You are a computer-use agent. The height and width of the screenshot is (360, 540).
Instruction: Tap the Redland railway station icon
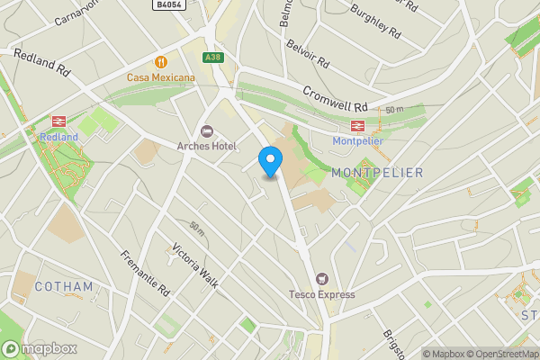(x=59, y=121)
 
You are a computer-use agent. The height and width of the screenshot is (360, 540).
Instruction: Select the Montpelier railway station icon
(x=357, y=125)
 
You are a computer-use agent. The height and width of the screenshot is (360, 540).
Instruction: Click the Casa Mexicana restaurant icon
(x=161, y=62)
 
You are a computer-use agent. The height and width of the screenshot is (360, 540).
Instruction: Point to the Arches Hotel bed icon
(x=207, y=131)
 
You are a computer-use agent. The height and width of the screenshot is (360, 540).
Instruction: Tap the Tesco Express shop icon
(x=321, y=279)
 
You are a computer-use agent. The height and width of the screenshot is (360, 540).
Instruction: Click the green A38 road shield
(x=212, y=58)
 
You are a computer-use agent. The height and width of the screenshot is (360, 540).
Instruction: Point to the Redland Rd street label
(x=42, y=62)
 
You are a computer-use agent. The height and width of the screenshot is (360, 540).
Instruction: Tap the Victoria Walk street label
(x=195, y=265)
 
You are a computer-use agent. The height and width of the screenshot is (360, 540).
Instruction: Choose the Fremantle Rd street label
(x=145, y=274)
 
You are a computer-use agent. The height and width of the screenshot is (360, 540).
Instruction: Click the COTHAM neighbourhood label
(x=64, y=287)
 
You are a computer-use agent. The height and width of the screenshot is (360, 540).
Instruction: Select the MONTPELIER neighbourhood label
(x=376, y=172)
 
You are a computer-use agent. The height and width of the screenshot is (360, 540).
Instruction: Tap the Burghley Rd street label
(x=375, y=18)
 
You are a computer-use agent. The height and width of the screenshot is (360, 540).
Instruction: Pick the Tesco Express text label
(x=321, y=294)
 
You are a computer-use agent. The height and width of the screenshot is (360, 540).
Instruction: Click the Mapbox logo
(x=40, y=348)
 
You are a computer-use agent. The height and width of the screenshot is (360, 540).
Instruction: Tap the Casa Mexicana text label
(x=161, y=78)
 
